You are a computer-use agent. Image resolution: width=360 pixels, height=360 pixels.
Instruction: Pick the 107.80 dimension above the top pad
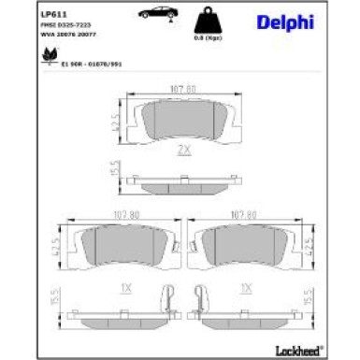click(183, 91)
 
